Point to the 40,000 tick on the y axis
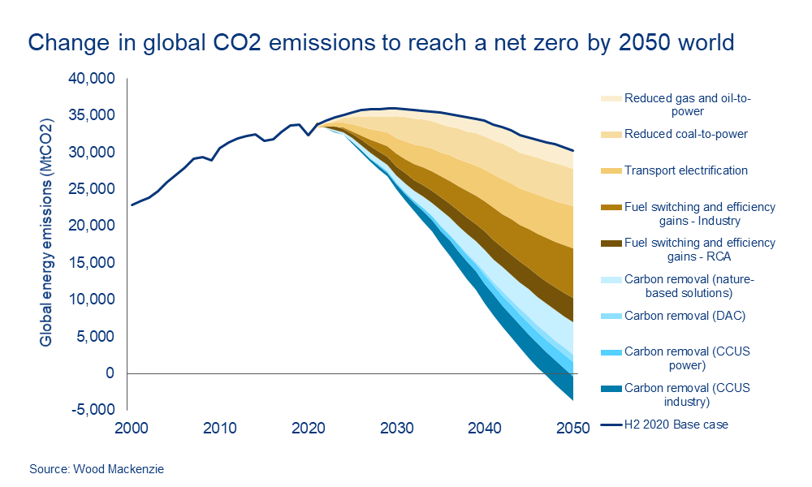click(x=94, y=79)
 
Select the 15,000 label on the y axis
click(x=94, y=263)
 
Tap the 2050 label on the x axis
click(x=572, y=428)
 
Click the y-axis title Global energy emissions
click(x=46, y=233)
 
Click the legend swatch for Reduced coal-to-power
click(x=611, y=134)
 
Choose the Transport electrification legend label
click(x=686, y=170)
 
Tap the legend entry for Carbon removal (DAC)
click(x=681, y=316)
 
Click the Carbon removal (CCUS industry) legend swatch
click(x=611, y=388)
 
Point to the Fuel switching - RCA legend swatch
click(x=611, y=243)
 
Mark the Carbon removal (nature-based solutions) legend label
click(x=689, y=286)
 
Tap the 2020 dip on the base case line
click(x=308, y=135)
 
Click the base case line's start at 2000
click(x=132, y=205)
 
